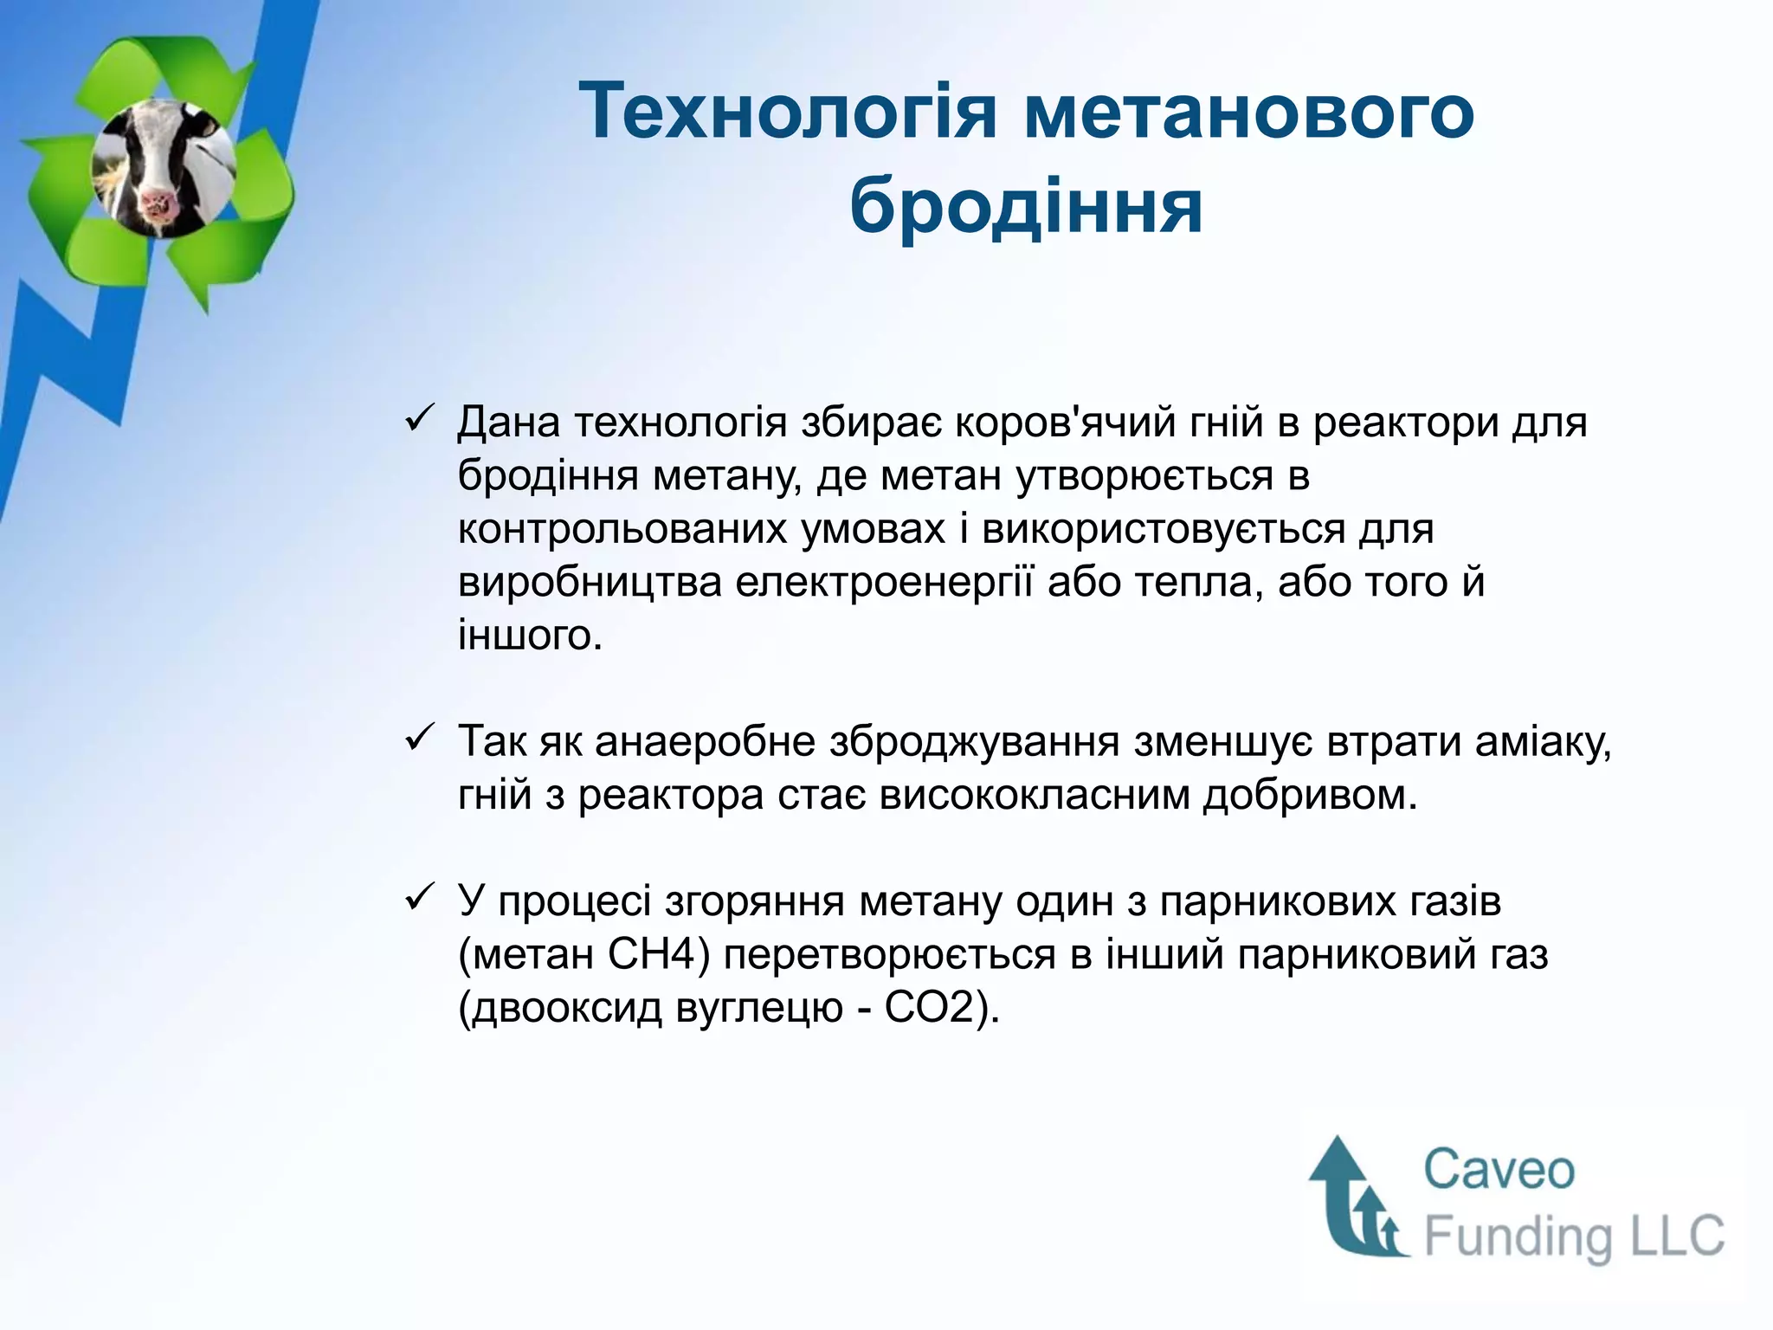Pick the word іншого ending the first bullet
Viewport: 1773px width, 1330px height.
click(529, 636)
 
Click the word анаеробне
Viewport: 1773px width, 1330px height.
click(705, 742)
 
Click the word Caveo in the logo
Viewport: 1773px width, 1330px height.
click(1499, 1170)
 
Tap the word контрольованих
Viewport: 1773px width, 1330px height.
click(622, 529)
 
